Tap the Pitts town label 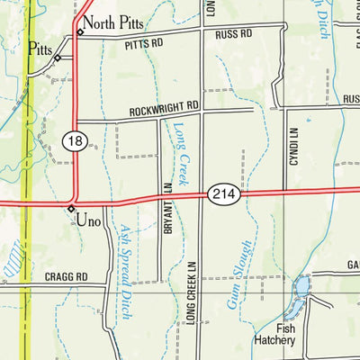tap(40, 49)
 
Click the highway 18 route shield tap(75, 140)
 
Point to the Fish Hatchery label tap(274, 335)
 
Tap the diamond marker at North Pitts tap(80, 32)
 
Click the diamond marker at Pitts tap(57, 58)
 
